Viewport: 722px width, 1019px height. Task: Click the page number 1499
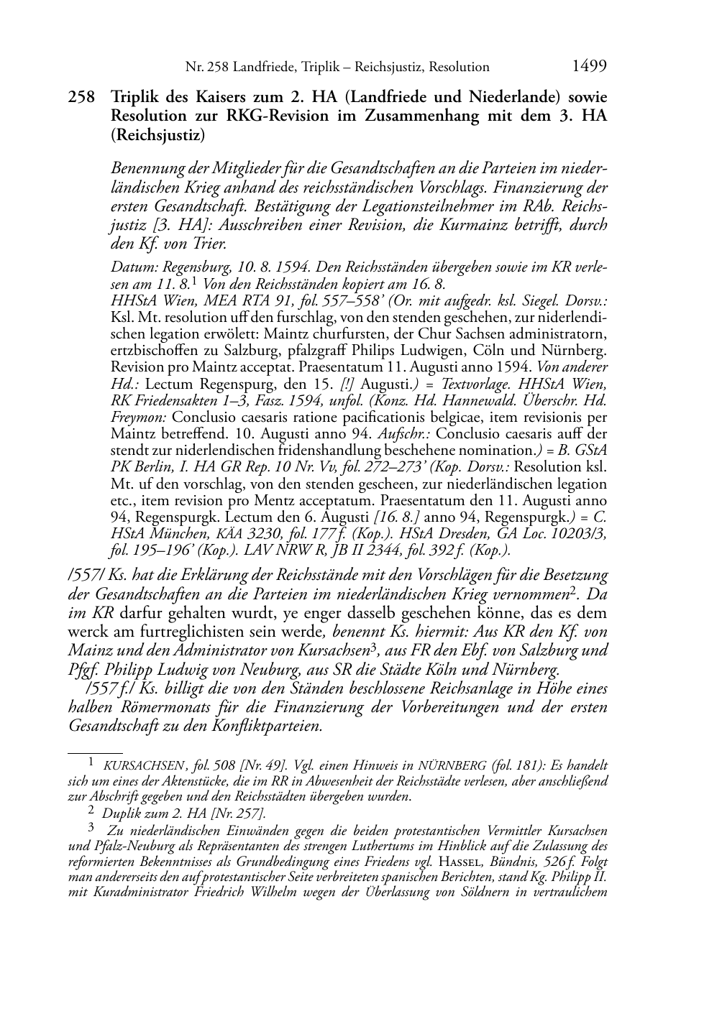click(590, 66)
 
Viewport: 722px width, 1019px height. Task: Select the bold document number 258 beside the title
click(81, 96)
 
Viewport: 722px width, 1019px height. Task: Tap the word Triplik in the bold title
click(137, 96)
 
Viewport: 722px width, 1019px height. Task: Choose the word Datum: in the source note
click(133, 267)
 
